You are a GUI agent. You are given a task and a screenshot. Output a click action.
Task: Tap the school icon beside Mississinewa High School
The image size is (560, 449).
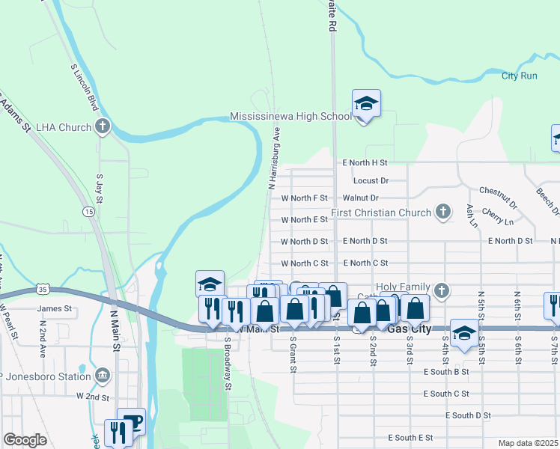click(x=366, y=103)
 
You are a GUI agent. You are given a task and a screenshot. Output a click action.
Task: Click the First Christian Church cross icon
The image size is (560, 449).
click(x=443, y=212)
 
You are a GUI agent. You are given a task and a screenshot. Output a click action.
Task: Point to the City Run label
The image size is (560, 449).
click(x=520, y=76)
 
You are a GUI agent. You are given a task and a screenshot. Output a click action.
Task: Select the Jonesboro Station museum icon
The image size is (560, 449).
click(x=103, y=374)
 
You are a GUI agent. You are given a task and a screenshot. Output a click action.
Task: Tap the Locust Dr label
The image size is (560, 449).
click(x=371, y=181)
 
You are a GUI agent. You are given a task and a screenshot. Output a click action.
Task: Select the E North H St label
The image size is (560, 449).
click(x=365, y=162)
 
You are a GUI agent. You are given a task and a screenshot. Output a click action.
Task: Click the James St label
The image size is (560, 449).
click(x=55, y=308)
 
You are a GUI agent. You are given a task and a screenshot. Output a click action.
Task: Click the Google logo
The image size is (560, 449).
click(x=25, y=440)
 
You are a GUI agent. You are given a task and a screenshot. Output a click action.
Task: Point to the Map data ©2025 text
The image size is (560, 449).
click(x=528, y=443)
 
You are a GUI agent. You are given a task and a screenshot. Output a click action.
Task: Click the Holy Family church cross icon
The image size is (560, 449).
click(x=442, y=289)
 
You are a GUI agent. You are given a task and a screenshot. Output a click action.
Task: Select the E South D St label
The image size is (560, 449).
click(x=467, y=415)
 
